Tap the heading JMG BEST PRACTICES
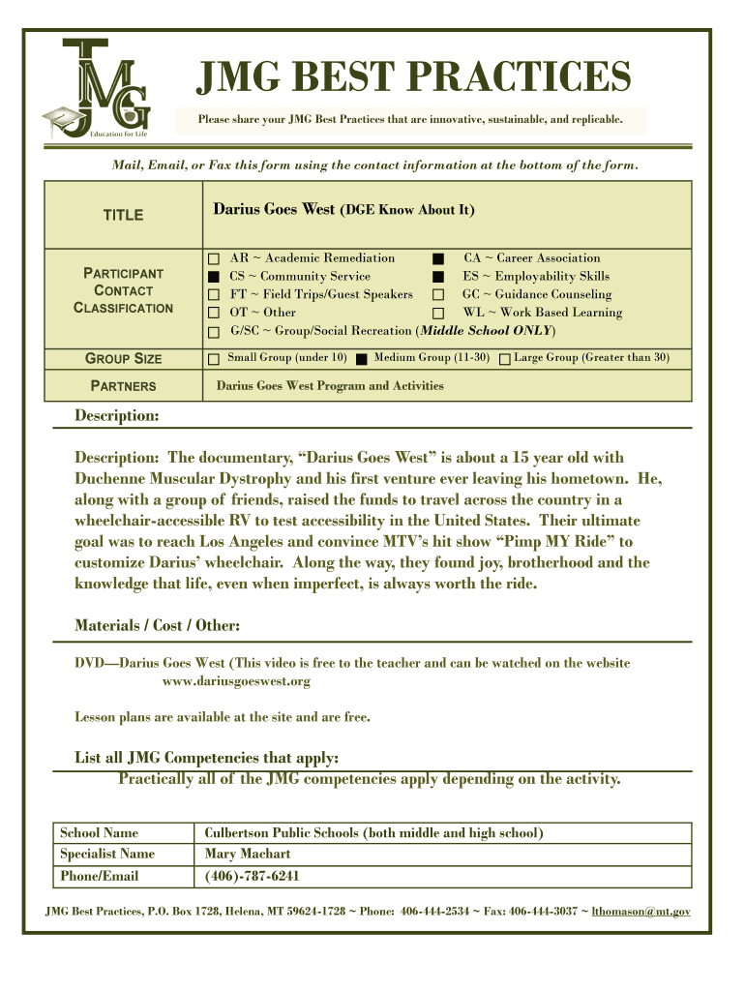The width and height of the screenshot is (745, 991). point(414,77)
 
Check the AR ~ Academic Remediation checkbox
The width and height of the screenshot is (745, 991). point(213,259)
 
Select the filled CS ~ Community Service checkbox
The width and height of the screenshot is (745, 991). point(213,278)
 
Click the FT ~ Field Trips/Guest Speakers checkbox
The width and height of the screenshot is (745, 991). point(213,295)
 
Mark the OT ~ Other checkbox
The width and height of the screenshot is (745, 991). point(213,314)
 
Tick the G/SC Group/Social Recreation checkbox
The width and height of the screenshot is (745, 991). point(213,332)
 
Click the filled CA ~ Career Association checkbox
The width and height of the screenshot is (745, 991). point(438,259)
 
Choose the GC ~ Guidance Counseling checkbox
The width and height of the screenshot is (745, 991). point(438,295)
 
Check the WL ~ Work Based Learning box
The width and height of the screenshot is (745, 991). point(438,314)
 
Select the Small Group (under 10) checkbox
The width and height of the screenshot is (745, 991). point(213,359)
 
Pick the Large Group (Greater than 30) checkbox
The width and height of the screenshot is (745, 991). point(504,359)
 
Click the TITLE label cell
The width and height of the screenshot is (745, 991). point(123,215)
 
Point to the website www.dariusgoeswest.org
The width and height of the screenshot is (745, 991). point(236,681)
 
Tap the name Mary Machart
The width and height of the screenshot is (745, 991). point(247,854)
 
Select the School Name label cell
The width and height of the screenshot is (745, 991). point(100,832)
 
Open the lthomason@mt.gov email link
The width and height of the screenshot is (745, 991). point(641,911)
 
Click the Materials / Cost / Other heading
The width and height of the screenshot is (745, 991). point(158,625)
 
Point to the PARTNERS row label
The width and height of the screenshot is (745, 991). point(123,386)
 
